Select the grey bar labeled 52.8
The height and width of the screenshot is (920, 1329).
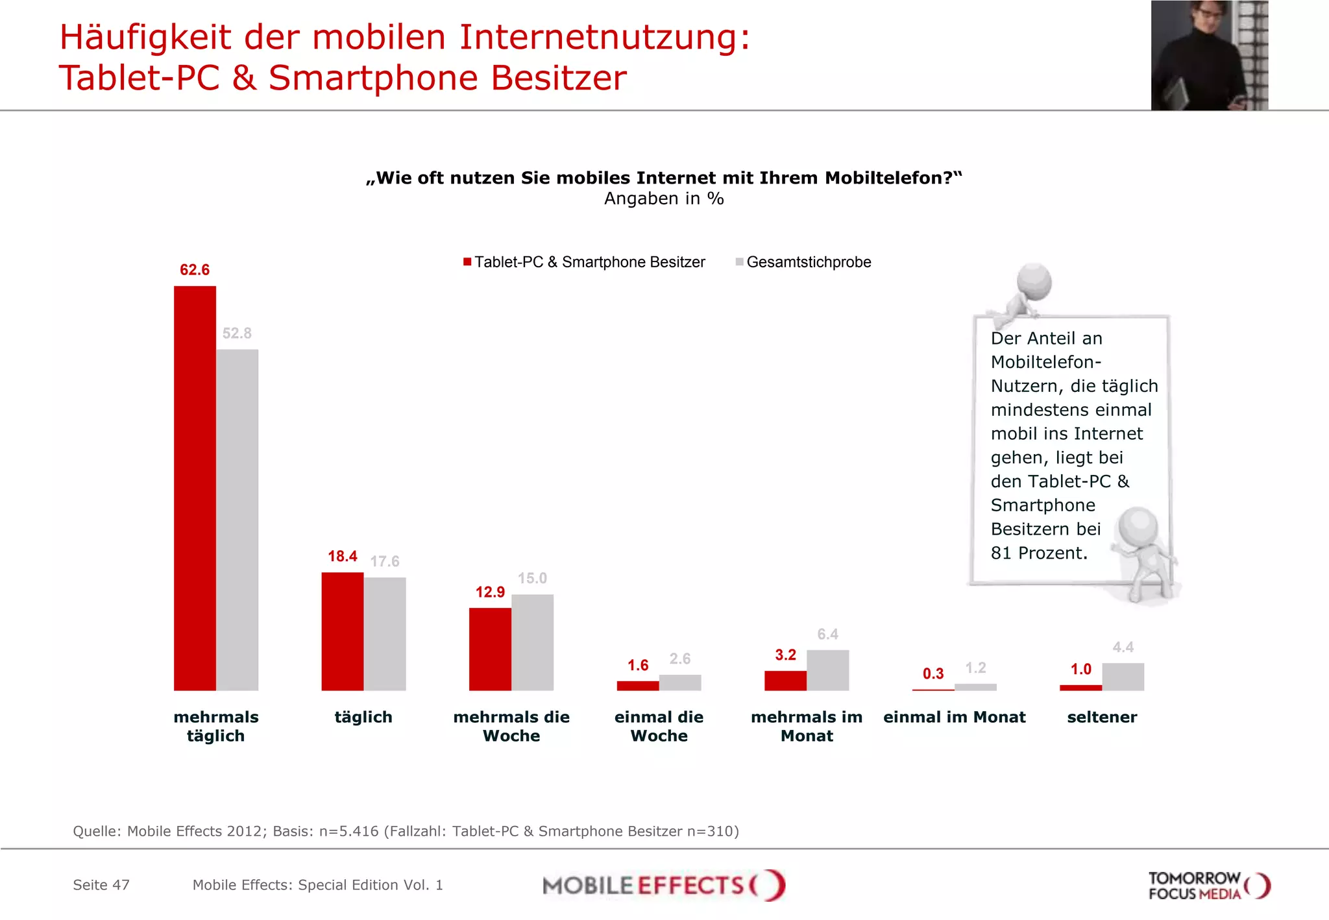[238, 519]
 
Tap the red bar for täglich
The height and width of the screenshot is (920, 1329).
[343, 631]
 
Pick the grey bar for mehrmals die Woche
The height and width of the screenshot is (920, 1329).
[532, 642]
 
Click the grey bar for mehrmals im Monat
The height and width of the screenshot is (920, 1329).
[827, 670]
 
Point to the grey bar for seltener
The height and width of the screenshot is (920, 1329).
[1123, 676]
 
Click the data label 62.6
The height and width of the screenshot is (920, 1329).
[195, 270]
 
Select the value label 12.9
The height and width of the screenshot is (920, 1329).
[490, 592]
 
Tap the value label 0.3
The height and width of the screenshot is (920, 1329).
[933, 673]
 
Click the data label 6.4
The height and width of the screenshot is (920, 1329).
[827, 634]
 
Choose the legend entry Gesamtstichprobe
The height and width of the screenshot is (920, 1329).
[808, 262]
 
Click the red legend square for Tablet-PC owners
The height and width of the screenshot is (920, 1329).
[467, 262]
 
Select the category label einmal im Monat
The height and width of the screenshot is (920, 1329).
[954, 717]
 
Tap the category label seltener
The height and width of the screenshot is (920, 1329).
[1102, 717]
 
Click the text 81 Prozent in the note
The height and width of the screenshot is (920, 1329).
[1038, 553]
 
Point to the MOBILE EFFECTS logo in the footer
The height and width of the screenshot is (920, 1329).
[663, 885]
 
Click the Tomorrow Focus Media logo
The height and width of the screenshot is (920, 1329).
[1208, 886]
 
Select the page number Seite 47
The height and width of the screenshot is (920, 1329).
[101, 885]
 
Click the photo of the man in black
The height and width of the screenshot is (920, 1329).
[1208, 55]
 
